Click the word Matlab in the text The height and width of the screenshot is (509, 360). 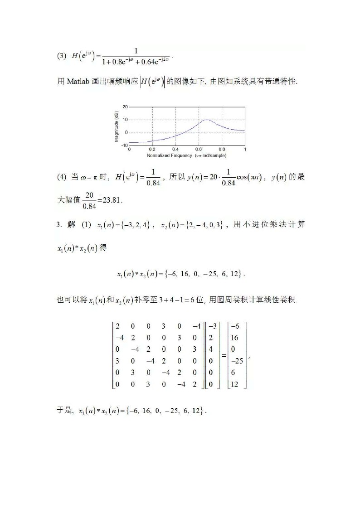point(80,82)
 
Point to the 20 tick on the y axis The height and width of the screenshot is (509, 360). point(125,107)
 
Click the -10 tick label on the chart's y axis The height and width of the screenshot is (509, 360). point(124,145)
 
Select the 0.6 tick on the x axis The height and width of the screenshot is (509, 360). point(199,149)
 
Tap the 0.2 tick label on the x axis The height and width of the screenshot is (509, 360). point(152,149)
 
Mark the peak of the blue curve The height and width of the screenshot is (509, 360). point(206,120)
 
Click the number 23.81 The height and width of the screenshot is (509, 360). point(112,200)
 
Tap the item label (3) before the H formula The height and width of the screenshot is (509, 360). point(62,56)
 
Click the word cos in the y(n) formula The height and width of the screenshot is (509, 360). point(243,177)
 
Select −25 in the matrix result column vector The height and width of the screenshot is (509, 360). point(237,361)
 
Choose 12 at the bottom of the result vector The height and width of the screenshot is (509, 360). point(235,385)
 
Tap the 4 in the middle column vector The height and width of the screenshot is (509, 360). point(211,349)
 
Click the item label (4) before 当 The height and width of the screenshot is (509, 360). point(62,177)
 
